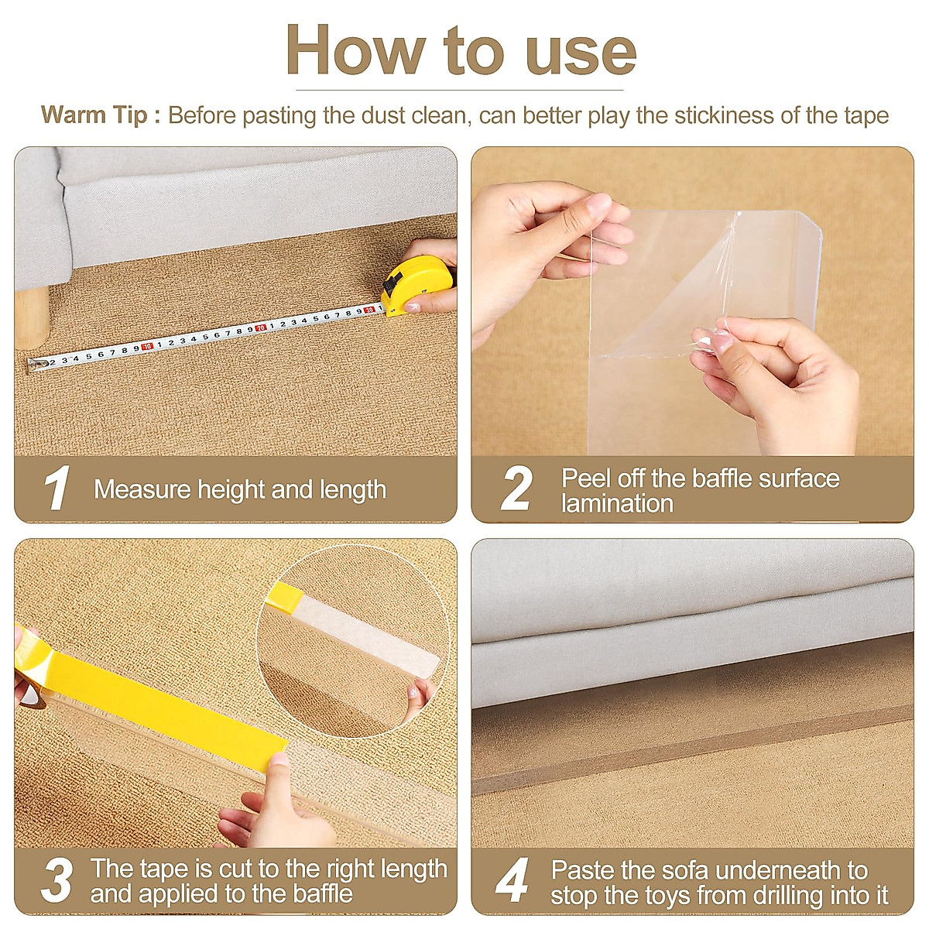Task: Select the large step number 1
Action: (x=57, y=488)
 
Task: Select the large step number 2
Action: (x=516, y=488)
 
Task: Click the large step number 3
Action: (x=57, y=880)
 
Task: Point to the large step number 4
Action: (x=512, y=880)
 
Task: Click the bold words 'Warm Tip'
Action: (x=94, y=115)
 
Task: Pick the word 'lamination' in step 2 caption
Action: (x=617, y=503)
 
